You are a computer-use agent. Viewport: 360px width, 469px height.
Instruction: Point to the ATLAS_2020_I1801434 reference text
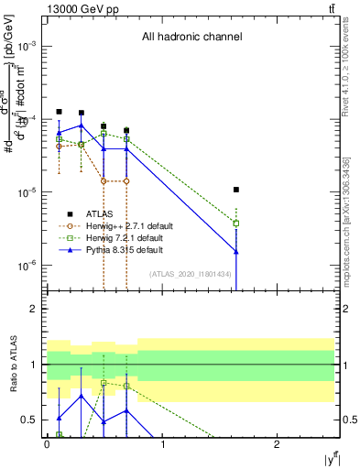point(191,274)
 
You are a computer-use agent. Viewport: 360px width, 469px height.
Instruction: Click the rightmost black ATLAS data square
point(236,190)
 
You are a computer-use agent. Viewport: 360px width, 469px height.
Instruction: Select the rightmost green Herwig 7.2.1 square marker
point(236,223)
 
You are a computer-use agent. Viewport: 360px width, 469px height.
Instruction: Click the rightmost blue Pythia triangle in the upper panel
point(236,251)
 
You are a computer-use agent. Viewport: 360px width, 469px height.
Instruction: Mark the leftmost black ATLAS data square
point(59,112)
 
